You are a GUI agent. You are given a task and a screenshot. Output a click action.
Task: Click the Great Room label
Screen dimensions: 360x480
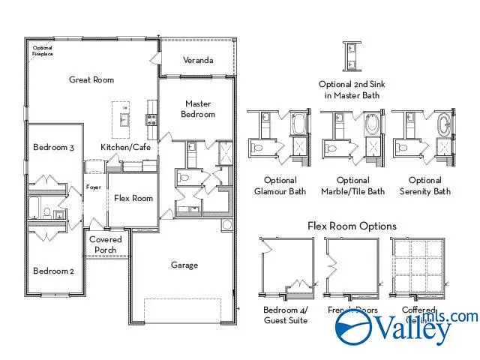point(91,79)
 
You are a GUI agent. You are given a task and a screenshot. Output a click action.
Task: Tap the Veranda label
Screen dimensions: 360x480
point(198,60)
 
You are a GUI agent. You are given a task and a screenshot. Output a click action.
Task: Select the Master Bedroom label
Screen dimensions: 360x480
point(198,109)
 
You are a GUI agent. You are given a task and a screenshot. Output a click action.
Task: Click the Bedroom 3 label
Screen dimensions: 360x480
point(53,148)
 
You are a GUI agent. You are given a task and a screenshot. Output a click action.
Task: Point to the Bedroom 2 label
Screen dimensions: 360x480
point(53,271)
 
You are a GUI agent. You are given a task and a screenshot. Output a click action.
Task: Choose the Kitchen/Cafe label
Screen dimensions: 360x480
point(126,147)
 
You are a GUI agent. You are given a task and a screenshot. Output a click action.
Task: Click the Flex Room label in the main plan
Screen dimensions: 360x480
point(133,199)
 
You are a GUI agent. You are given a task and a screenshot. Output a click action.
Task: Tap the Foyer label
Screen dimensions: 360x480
point(93,187)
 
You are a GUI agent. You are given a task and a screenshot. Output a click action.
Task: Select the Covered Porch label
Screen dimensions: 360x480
point(106,244)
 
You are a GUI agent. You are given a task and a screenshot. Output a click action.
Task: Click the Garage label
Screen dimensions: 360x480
point(184,265)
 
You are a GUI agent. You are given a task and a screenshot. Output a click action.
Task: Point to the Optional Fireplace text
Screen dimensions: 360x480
point(43,51)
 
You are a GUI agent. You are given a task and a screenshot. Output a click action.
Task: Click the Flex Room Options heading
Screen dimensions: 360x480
point(352,226)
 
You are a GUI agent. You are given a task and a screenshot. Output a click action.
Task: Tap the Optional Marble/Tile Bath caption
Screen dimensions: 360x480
point(352,186)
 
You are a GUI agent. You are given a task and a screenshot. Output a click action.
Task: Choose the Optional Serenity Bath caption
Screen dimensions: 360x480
point(425,186)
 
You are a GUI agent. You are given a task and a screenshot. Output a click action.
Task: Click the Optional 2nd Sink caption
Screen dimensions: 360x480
point(349,90)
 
